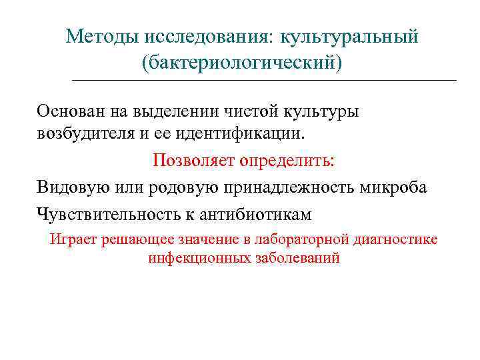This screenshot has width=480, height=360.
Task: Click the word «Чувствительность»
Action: [x=101, y=215]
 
